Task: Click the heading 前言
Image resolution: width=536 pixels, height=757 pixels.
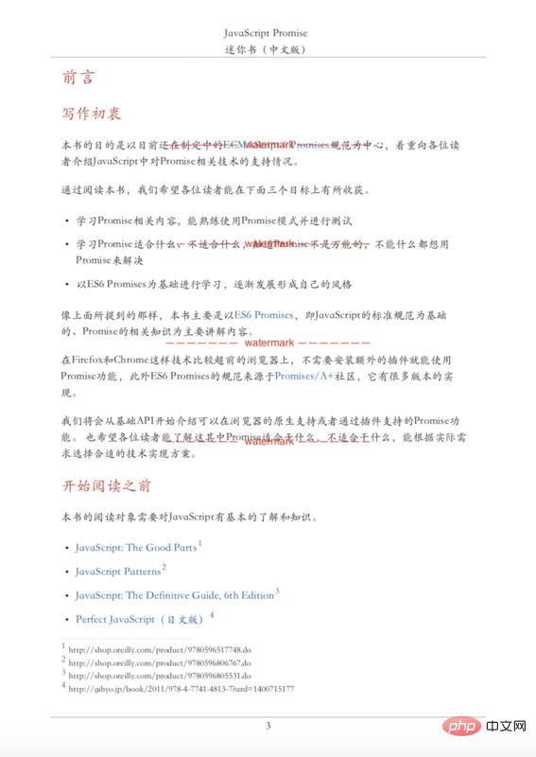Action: point(78,78)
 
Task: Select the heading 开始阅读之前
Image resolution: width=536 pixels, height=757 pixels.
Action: point(106,486)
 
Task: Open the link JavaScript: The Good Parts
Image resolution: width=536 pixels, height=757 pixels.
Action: point(136,548)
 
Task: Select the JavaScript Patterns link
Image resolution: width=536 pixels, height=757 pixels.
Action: point(117,572)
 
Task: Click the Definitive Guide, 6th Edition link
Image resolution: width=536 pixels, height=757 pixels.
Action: point(174,595)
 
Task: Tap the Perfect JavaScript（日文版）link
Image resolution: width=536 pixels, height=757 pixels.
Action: point(139,619)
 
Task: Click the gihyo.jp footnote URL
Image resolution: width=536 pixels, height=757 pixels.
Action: point(181,689)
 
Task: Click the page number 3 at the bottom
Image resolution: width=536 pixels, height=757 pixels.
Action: point(268,726)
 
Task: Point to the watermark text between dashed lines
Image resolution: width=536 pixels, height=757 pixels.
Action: point(268,343)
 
